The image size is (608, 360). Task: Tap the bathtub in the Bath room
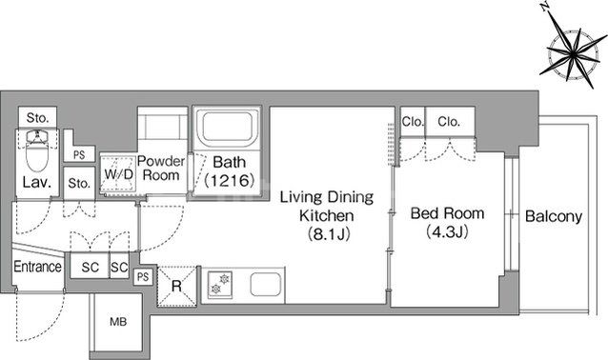[228, 127]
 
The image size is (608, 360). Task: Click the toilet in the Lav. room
[37, 150]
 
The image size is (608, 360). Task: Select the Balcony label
[554, 216]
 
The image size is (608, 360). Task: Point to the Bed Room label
[448, 213]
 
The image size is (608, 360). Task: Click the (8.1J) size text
[329, 233]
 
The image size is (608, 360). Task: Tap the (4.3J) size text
[447, 231]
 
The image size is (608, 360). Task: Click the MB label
[118, 322]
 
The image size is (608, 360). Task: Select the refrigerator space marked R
[176, 287]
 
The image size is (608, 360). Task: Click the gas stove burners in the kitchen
[220, 285]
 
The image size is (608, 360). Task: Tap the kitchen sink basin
[265, 285]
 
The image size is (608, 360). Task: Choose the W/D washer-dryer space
[118, 174]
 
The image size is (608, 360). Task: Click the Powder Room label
[161, 169]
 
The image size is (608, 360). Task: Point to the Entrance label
[37, 267]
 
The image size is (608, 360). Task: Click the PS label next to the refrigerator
[143, 277]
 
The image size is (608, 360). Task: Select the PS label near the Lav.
[79, 155]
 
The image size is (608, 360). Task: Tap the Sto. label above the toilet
[37, 117]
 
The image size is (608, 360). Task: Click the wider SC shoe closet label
[90, 267]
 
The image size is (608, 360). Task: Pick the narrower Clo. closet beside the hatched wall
[413, 122]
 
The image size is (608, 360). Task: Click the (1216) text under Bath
[229, 180]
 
